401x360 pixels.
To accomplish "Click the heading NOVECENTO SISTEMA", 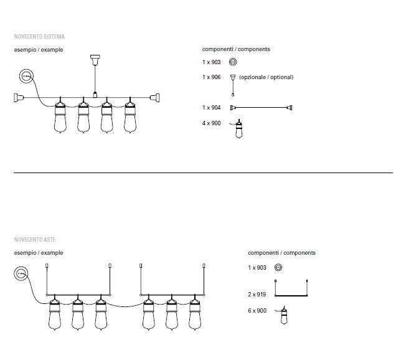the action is click(x=39, y=37).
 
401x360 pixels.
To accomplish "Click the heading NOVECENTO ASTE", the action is click(x=35, y=240).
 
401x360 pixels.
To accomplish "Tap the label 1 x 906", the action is click(x=212, y=77).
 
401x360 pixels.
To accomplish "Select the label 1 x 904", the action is click(x=212, y=108).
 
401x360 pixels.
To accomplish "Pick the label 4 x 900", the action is click(x=212, y=123).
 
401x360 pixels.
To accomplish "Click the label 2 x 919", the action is click(x=257, y=295).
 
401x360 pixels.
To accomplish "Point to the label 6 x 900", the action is click(x=257, y=311).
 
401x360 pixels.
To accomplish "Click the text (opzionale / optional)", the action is click(x=267, y=77).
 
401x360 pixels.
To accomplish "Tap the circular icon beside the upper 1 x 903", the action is click(x=233, y=62).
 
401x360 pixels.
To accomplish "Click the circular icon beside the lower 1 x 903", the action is click(x=278, y=268).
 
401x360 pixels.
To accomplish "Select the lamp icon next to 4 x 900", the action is click(x=238, y=129).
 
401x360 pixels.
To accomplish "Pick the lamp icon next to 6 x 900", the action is click(x=284, y=316).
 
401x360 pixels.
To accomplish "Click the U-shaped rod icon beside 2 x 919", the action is click(x=291, y=295).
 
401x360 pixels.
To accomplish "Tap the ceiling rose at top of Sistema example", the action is click(x=95, y=60).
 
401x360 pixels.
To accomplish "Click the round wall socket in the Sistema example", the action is click(x=26, y=76).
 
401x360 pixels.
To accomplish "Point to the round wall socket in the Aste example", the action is click(x=21, y=273).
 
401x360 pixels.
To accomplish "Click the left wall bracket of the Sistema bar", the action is click(x=19, y=98).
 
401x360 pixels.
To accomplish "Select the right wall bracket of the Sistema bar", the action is click(x=154, y=98).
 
